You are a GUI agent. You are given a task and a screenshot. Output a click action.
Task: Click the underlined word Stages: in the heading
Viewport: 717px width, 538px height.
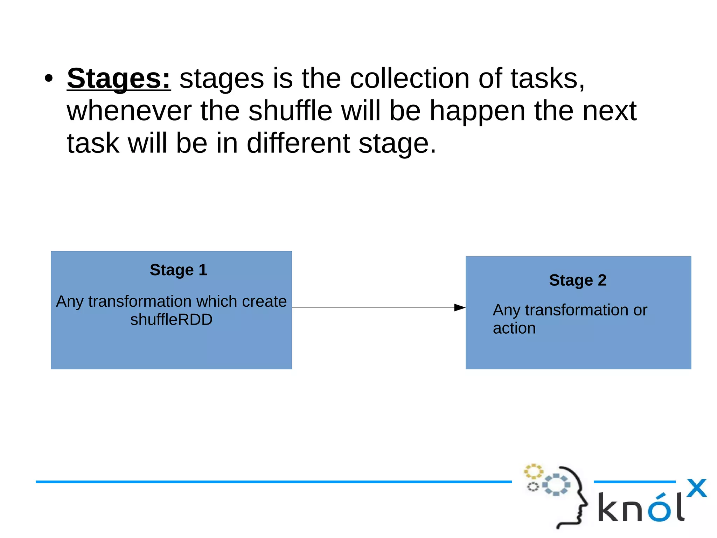pos(119,79)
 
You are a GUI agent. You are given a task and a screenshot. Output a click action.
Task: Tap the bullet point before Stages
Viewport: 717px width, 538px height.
pos(49,79)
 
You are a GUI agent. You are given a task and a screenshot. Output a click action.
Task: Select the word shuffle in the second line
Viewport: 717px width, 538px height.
pos(290,111)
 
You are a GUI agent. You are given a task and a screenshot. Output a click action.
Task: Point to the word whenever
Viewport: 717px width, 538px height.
pos(129,111)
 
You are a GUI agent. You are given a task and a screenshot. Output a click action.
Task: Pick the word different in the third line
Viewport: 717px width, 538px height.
pos(298,143)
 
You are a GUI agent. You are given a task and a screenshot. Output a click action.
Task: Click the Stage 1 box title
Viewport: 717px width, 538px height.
pos(179,270)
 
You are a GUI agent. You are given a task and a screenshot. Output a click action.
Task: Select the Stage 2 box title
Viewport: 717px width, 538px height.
pos(578,280)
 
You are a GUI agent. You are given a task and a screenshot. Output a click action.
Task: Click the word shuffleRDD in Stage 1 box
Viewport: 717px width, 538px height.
pos(171,320)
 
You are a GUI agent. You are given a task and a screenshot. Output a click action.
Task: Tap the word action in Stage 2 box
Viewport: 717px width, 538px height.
pos(514,328)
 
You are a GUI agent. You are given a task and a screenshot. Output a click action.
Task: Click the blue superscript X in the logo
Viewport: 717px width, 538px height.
pos(696,488)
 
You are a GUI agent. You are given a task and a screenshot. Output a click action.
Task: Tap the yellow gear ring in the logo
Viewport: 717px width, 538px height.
pos(533,471)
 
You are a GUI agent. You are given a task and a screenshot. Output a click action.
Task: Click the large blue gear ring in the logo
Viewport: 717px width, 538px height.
pos(556,485)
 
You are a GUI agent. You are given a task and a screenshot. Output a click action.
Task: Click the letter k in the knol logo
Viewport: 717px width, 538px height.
pos(609,507)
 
